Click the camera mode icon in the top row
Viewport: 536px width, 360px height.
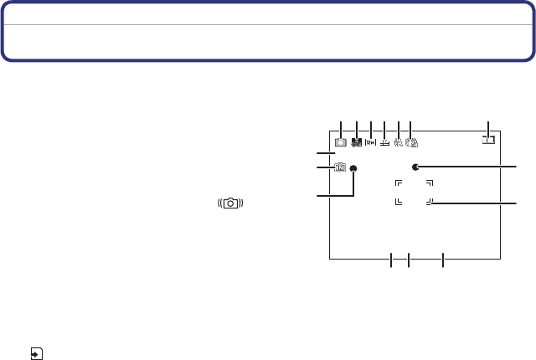(x=341, y=143)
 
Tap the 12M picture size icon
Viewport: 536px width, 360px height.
(x=370, y=143)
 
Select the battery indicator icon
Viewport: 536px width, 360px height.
(x=488, y=141)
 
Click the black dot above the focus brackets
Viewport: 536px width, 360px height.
(x=415, y=167)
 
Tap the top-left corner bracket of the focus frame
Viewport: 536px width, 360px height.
(x=399, y=183)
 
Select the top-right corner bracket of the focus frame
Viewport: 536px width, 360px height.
(x=429, y=183)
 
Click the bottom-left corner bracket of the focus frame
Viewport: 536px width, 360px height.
(x=399, y=201)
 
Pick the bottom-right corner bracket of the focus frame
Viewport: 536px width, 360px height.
(x=429, y=201)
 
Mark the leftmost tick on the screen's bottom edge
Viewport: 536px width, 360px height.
(x=391, y=260)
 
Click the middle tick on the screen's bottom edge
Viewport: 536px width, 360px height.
(x=408, y=260)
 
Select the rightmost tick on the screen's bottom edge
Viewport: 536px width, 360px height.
(x=443, y=260)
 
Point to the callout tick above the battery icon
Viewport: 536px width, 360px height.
(x=489, y=128)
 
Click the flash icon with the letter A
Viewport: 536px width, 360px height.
(x=398, y=143)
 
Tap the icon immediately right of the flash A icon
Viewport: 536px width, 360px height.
(x=411, y=143)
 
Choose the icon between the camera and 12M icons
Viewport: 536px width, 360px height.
(x=356, y=143)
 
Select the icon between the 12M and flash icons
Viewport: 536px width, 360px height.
(x=384, y=143)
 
